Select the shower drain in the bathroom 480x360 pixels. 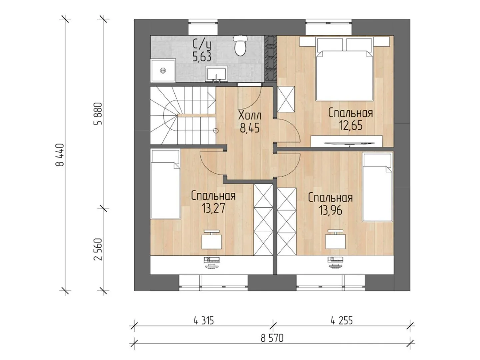(162, 70)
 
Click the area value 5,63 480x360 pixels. (202, 57)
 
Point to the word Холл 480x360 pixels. (250, 116)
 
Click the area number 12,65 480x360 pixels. (351, 125)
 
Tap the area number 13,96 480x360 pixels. (330, 210)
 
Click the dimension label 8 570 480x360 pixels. (272, 338)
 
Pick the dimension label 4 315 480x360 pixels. (203, 321)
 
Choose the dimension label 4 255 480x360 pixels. (342, 321)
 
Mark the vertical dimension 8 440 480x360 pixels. (60, 155)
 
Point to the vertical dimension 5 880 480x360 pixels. (98, 113)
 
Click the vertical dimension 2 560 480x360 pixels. (98, 249)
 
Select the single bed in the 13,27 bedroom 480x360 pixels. (165, 184)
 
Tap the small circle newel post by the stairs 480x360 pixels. (216, 131)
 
